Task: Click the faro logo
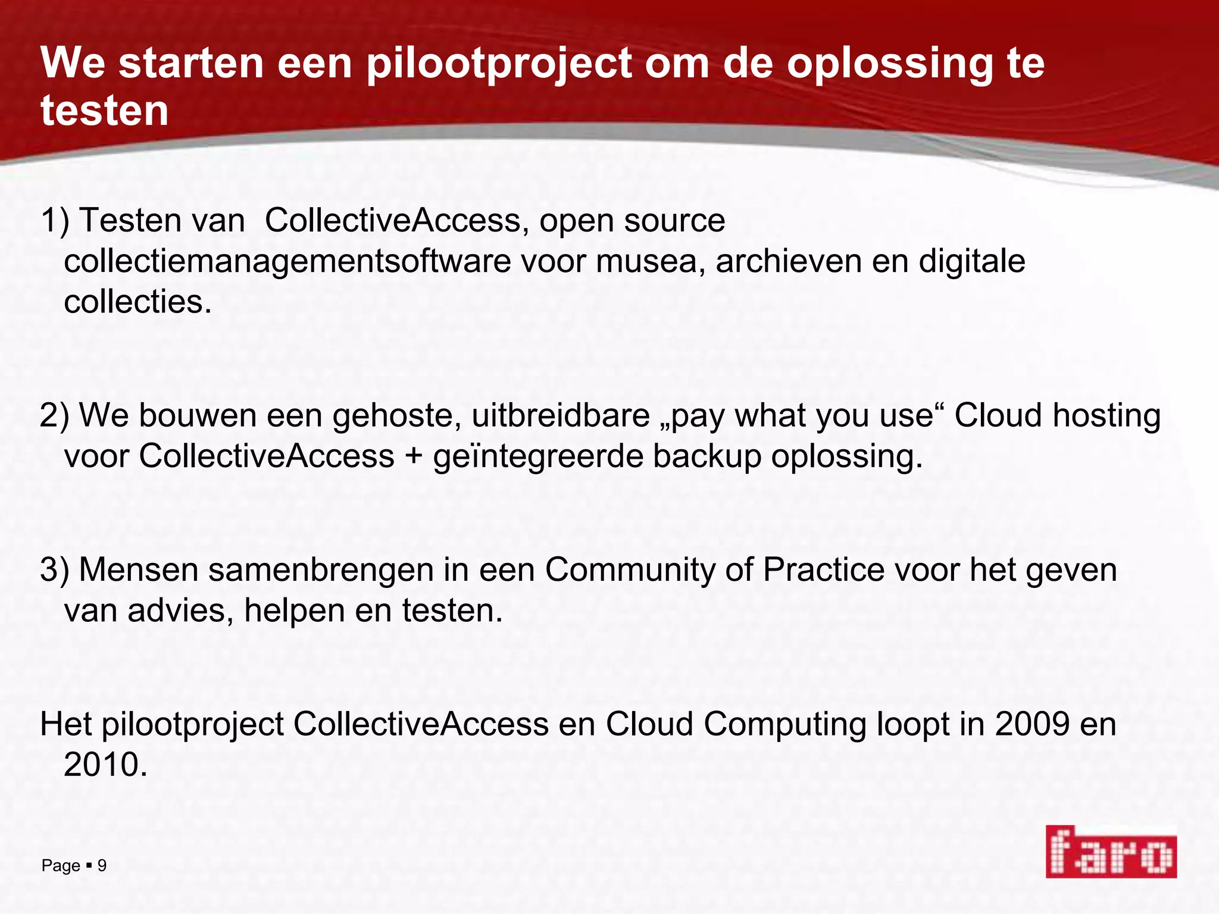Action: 1111,852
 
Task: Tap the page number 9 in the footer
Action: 102,865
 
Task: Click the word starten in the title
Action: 191,63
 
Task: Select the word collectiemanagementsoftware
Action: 287,261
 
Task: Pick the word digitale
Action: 972,261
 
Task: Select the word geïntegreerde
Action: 538,456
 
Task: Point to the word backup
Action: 707,456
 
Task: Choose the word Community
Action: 630,570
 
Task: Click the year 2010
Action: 105,765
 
